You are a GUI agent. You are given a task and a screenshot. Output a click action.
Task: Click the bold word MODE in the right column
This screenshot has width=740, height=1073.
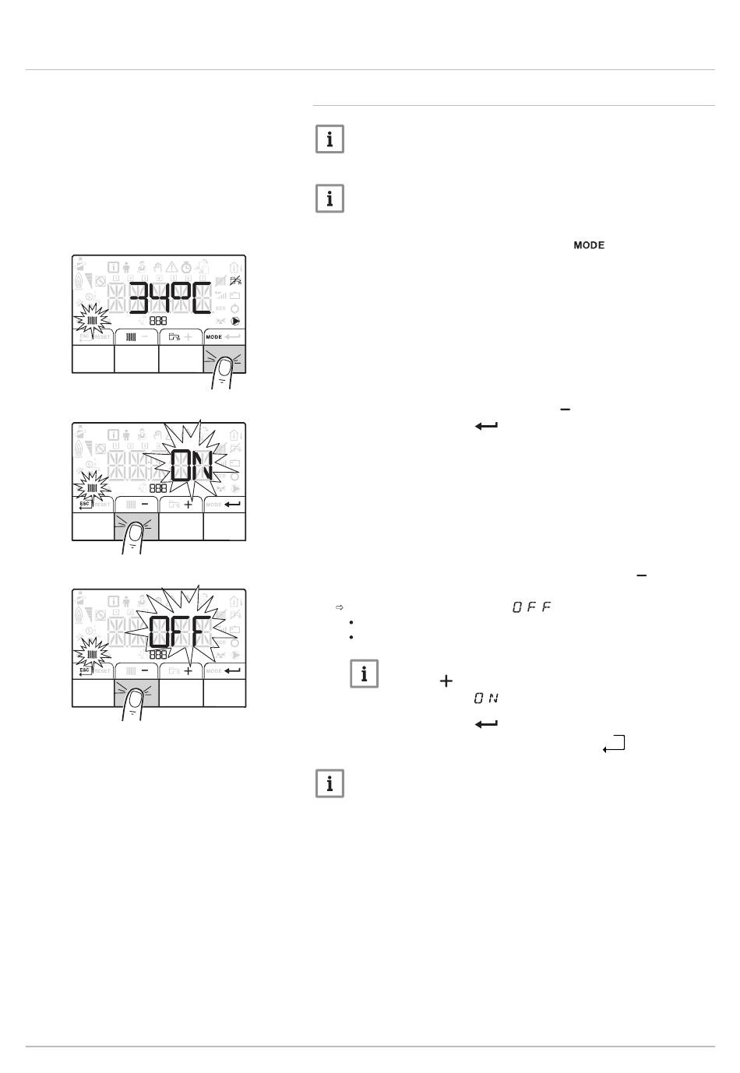[589, 245]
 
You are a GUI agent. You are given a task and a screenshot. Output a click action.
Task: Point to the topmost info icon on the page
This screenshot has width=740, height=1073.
[329, 139]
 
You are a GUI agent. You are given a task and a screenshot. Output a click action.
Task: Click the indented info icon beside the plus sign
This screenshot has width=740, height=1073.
[364, 674]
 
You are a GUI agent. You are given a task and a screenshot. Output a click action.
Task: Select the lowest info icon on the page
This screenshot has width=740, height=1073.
[329, 784]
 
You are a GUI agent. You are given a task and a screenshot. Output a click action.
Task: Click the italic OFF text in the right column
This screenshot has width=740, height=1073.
[532, 607]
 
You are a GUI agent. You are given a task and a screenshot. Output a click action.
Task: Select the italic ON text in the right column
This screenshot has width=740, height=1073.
[486, 698]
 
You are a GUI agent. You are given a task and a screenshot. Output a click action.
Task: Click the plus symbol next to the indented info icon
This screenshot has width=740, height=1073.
[446, 681]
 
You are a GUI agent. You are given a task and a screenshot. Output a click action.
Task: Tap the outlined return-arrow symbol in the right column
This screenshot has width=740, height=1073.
[614, 744]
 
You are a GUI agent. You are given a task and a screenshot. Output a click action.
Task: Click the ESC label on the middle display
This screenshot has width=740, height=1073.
[85, 504]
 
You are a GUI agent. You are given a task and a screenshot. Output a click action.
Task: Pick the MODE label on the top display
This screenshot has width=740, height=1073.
[214, 337]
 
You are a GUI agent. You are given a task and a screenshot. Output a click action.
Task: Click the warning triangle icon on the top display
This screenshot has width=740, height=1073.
[171, 267]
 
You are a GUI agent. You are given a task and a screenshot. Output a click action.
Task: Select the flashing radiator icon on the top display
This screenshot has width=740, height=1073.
[92, 320]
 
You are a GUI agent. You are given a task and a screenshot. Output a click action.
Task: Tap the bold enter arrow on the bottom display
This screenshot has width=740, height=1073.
[232, 670]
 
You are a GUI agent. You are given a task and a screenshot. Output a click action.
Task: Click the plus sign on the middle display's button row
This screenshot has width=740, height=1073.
[188, 505]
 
